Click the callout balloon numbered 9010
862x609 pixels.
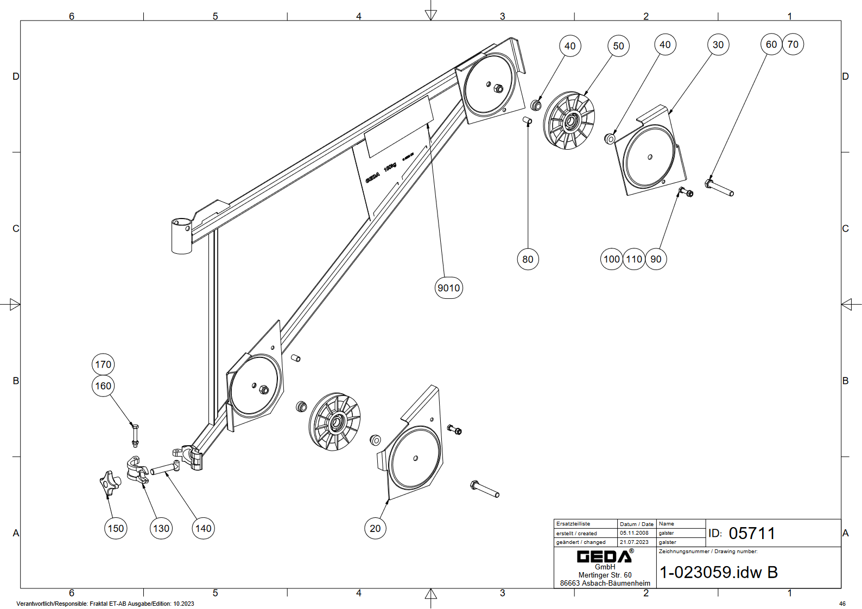point(449,288)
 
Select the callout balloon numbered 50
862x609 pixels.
point(618,46)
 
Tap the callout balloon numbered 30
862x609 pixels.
point(718,45)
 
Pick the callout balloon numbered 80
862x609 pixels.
point(528,259)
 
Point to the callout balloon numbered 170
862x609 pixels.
point(103,364)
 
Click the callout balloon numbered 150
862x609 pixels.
point(116,528)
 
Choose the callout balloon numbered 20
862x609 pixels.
point(375,528)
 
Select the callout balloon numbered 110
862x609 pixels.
point(634,259)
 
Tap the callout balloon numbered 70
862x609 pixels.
point(793,44)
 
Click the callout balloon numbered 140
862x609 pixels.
point(203,528)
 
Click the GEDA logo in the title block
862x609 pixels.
point(605,556)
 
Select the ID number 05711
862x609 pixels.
point(752,534)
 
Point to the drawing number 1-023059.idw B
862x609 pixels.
point(718,572)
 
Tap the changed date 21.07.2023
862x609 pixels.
point(634,542)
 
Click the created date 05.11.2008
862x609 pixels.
point(634,533)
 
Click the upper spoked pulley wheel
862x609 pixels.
point(569,121)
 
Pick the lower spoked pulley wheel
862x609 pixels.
point(335,422)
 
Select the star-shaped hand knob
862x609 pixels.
point(109,483)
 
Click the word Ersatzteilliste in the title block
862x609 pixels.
point(573,524)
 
